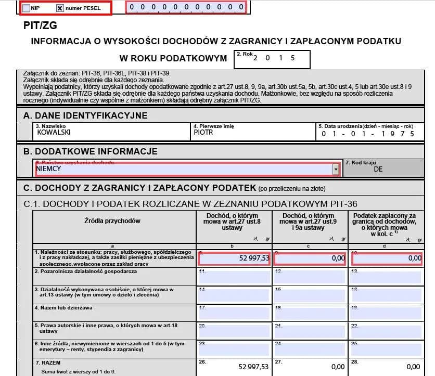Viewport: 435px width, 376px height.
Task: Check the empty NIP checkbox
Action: click(x=27, y=8)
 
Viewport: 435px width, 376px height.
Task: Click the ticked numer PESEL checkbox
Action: click(x=59, y=8)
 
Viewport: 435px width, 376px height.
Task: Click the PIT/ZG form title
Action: click(x=41, y=25)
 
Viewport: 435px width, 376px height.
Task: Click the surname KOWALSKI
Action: click(x=54, y=133)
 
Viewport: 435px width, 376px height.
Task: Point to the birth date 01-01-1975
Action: click(x=368, y=134)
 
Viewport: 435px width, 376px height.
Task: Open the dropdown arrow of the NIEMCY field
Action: click(x=336, y=170)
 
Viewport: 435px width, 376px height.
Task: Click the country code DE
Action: click(x=378, y=169)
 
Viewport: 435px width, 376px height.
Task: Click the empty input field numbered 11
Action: click(x=234, y=276)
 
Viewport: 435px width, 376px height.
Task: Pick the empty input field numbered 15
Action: click(x=310, y=295)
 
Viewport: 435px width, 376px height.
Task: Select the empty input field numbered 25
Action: click(x=385, y=348)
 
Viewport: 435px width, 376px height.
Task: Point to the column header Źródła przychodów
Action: click(x=112, y=221)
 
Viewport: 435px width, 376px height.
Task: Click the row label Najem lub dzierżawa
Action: click(x=63, y=307)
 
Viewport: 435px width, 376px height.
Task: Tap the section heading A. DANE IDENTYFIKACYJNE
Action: click(x=85, y=115)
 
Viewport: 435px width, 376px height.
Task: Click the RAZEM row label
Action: click(x=45, y=362)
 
